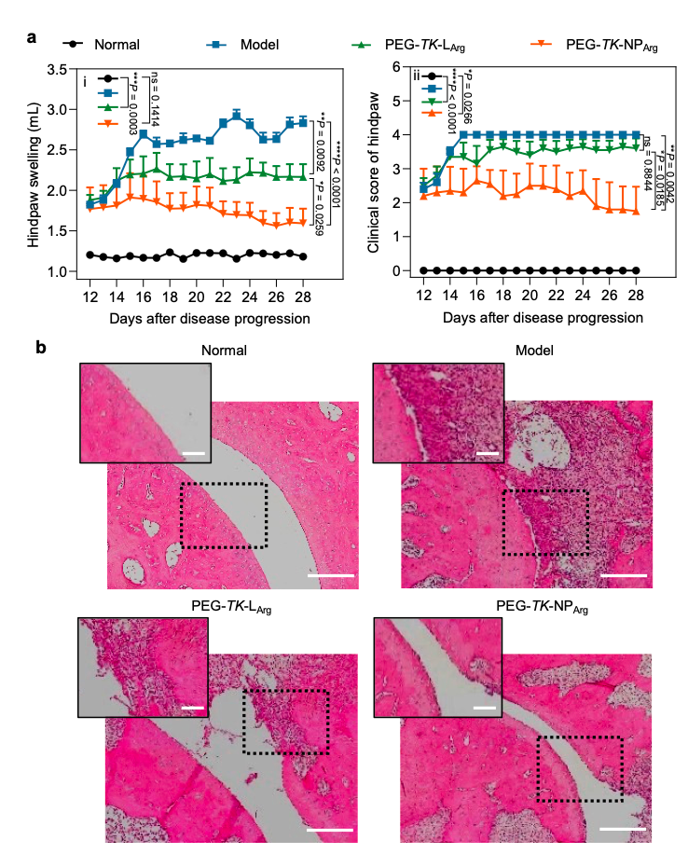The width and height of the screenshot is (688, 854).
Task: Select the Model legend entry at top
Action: [259, 43]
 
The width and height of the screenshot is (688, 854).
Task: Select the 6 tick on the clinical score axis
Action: [395, 67]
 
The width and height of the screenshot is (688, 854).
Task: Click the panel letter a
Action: [32, 39]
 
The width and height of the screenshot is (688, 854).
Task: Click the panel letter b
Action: [40, 348]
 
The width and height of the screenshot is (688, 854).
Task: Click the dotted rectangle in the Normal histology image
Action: [223, 516]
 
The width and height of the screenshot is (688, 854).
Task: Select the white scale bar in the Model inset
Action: [486, 453]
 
